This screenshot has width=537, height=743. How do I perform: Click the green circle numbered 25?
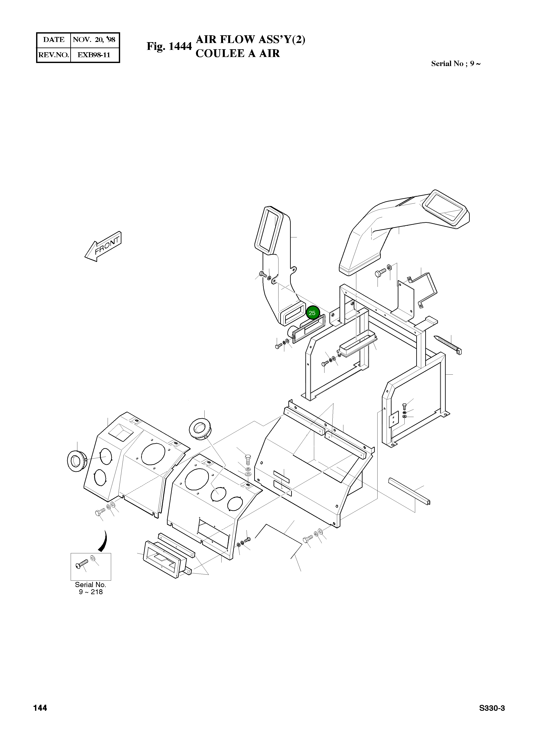(312, 313)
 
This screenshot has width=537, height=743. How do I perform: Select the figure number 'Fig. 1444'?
(169, 46)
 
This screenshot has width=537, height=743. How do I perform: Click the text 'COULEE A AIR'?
(238, 53)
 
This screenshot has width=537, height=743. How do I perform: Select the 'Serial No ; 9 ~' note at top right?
(456, 64)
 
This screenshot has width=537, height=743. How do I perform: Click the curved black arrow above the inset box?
(104, 541)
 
